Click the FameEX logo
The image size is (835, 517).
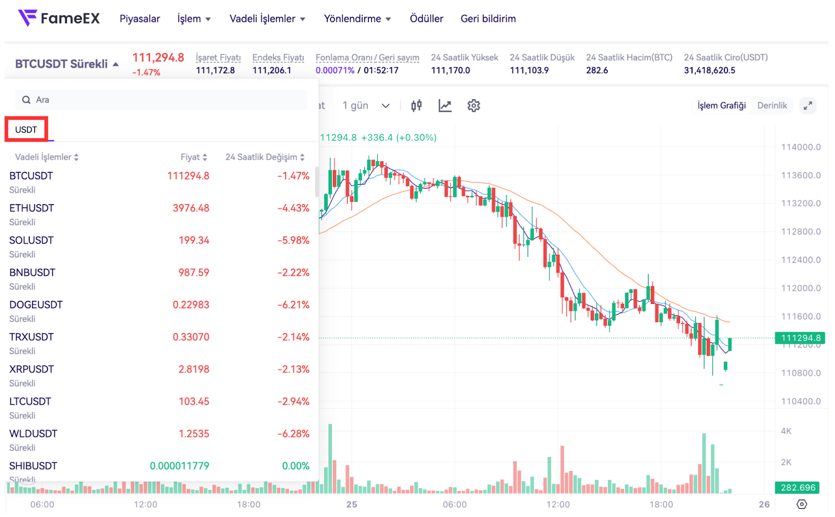pos(58,18)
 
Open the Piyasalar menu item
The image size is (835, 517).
pos(139,19)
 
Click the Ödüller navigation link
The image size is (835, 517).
pos(426,19)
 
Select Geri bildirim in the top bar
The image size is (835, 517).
pos(488,19)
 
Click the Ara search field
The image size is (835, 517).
pos(162,100)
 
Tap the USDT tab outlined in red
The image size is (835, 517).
pos(26,130)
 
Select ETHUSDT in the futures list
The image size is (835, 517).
pos(31,208)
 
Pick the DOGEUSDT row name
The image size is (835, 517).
pos(36,304)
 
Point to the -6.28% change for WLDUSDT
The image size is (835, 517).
pos(293,433)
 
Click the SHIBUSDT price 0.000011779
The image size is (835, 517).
pos(180,466)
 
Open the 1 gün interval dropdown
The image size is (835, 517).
pos(366,105)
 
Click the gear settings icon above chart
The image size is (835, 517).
pos(473,105)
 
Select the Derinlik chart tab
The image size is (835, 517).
pos(772,105)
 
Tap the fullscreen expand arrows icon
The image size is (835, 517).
pos(807,105)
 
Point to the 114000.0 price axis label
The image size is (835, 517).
pos(801,147)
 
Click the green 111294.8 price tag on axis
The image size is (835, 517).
pos(801,338)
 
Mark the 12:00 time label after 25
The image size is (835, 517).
pos(558,504)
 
